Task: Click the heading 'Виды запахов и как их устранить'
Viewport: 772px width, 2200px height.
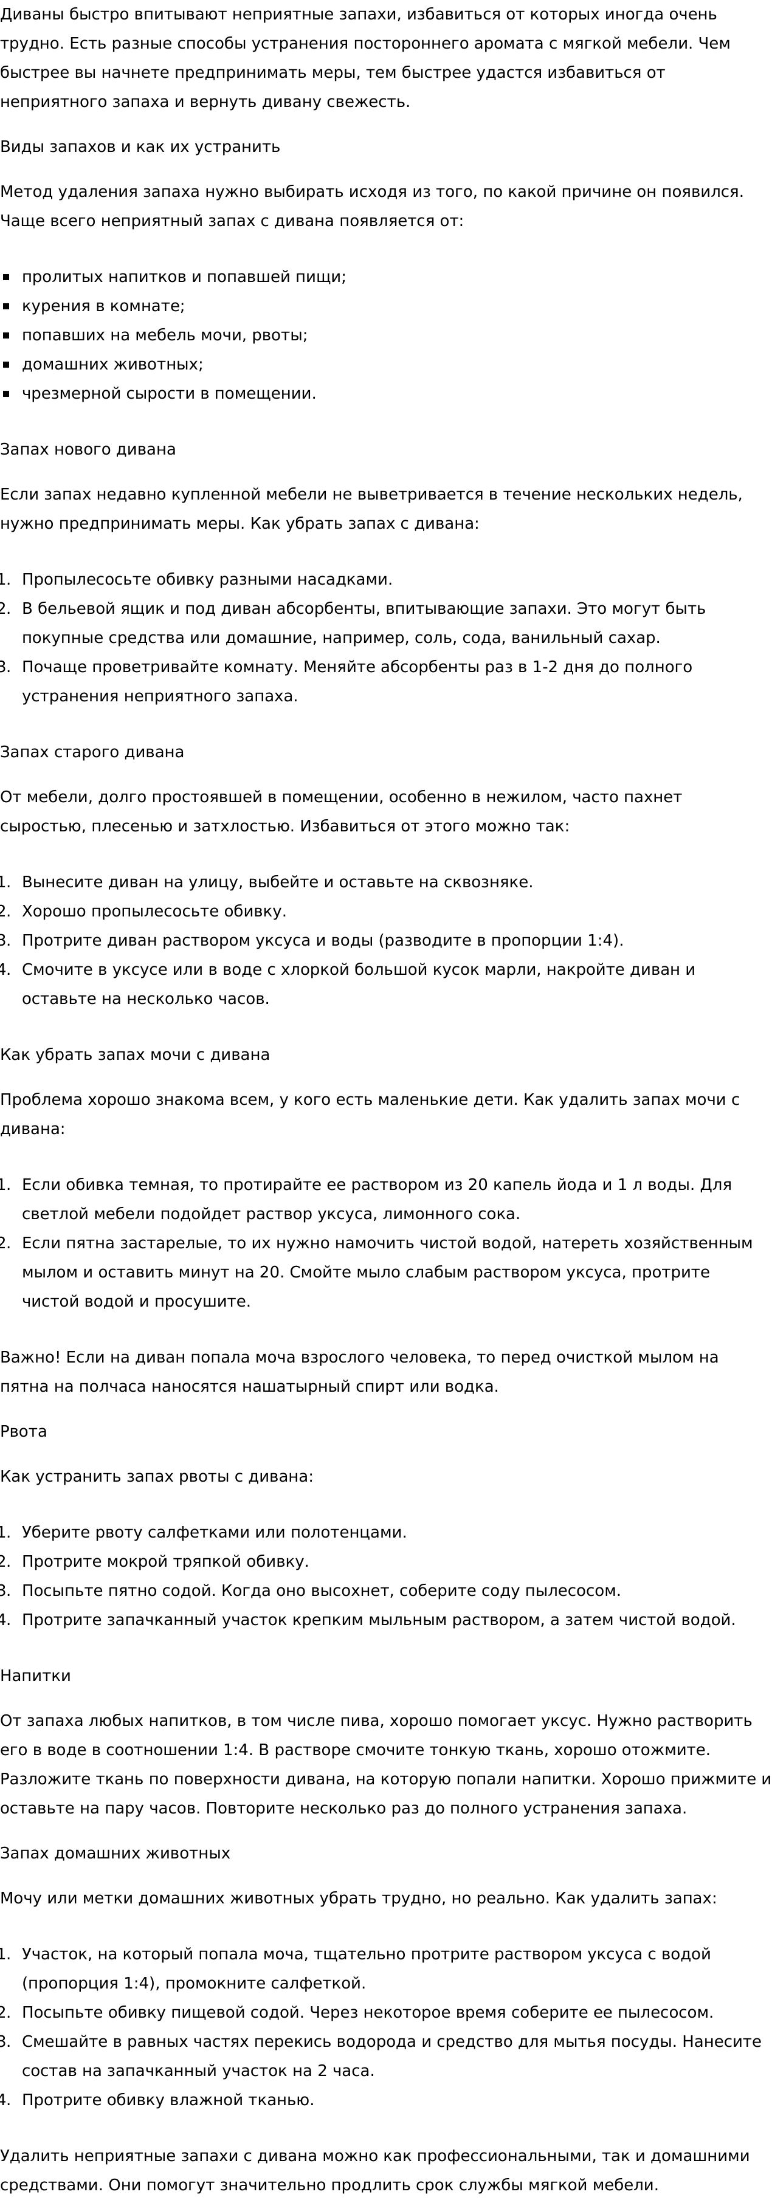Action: click(x=140, y=146)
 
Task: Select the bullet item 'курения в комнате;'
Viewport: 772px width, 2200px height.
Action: click(x=103, y=306)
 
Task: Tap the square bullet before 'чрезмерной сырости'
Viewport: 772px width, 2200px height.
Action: click(x=7, y=394)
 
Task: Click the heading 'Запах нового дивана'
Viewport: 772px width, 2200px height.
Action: click(x=88, y=449)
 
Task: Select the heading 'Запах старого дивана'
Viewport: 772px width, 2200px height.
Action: click(x=92, y=752)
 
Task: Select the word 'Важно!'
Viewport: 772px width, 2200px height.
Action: click(x=30, y=1357)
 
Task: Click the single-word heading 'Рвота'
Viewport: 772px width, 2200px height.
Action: click(x=24, y=1431)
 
